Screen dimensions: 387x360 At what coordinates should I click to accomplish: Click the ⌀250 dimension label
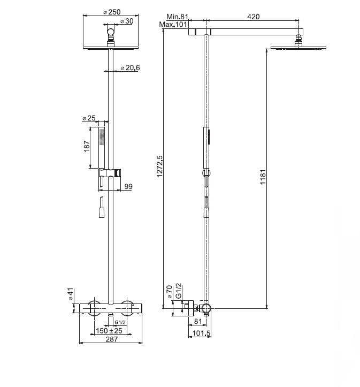111,12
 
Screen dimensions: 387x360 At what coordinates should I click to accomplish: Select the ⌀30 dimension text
127,21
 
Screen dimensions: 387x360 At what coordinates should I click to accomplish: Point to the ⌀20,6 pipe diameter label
129,68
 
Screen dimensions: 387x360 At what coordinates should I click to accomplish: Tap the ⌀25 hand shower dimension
88,118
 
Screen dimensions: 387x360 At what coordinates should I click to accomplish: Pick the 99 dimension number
128,186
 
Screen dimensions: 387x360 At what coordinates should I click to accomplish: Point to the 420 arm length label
254,17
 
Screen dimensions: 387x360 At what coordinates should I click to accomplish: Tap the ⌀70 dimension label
170,292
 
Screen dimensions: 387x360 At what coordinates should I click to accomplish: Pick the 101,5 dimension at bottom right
201,335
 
